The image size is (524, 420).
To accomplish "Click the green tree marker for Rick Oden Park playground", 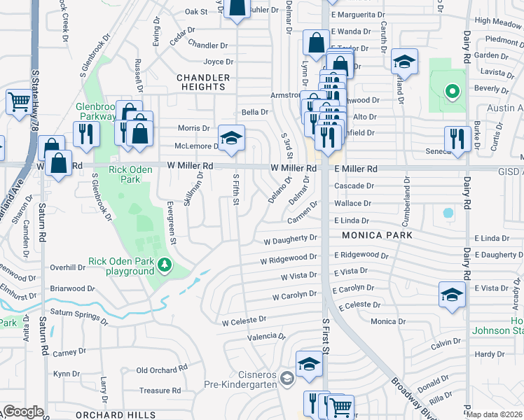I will (165, 266).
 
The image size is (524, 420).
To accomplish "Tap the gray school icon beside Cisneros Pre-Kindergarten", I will (286, 379).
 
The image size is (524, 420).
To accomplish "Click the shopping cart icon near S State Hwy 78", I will (18, 102).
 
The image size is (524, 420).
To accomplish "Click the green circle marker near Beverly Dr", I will (452, 90).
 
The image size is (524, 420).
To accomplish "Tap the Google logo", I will (23, 412).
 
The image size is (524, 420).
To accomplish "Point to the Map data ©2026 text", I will (495, 414).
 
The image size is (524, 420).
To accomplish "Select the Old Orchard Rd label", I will (163, 369).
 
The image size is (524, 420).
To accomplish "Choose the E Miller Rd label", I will (355, 169).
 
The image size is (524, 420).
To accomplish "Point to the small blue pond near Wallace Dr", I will (448, 211).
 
